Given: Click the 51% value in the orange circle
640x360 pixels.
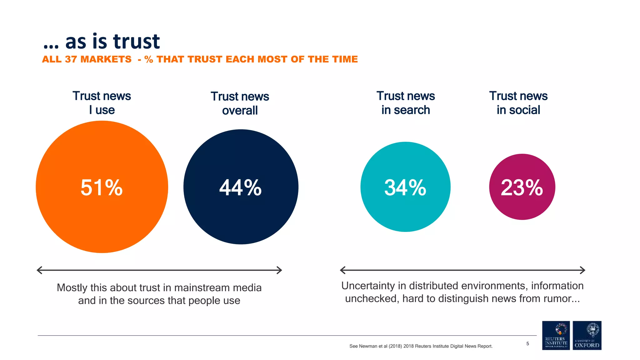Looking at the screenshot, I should [x=102, y=188].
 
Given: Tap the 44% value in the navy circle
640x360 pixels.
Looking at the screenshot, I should [x=240, y=188].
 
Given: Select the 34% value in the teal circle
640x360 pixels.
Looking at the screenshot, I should [x=405, y=188].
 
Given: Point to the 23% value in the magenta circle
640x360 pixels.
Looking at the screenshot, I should [x=522, y=188].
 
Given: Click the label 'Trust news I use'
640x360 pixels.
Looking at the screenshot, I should [x=102, y=103].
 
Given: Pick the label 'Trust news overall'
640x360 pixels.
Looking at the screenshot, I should [x=240, y=103].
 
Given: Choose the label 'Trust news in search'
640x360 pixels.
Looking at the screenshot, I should [x=406, y=103].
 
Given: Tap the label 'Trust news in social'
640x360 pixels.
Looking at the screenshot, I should [x=518, y=103].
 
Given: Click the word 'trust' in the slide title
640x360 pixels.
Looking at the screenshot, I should [x=137, y=42].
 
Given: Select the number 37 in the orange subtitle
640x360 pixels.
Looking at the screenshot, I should [x=71, y=59].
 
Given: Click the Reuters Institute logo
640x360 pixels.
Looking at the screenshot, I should [x=556, y=335].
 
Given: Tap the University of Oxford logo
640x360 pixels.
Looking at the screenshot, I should [x=587, y=335].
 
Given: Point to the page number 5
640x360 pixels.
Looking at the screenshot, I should [x=527, y=344].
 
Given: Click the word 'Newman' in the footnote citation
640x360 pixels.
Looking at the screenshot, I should [x=368, y=346].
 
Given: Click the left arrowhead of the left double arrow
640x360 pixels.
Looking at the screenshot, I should [x=39, y=270].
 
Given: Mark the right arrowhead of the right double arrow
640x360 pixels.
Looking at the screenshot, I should [x=583, y=270].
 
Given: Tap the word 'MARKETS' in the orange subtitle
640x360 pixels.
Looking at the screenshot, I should [x=106, y=59].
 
